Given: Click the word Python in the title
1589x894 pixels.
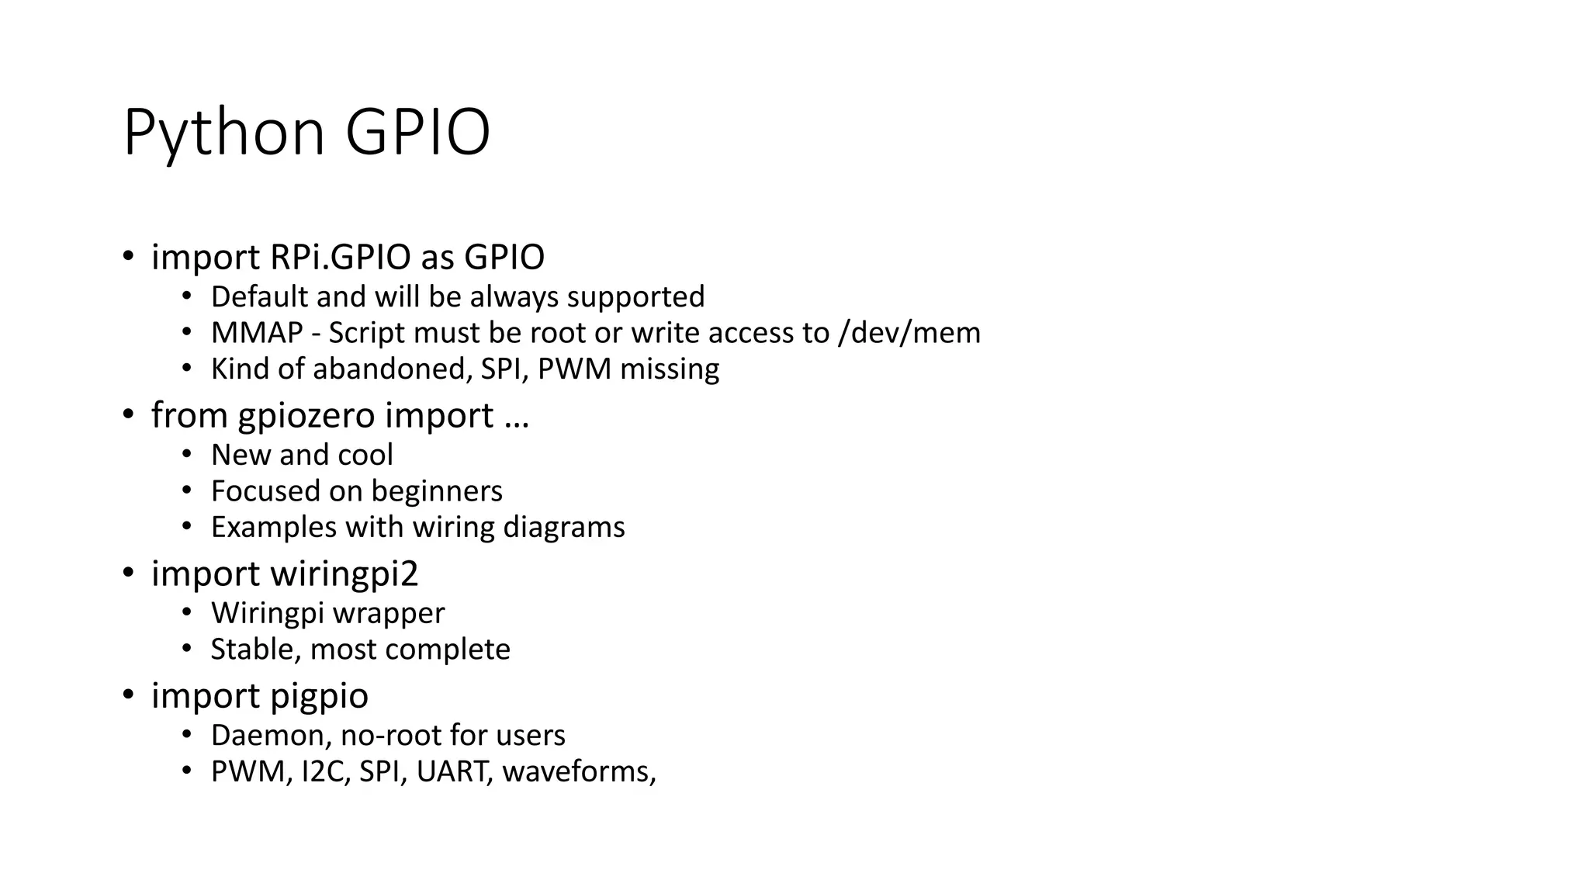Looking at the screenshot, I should (223, 133).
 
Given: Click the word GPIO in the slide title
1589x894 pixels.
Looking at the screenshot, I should (417, 133).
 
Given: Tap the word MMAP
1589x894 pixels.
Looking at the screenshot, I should (257, 333).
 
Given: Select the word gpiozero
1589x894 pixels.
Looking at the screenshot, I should (306, 416).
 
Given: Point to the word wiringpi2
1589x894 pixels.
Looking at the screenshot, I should (344, 574).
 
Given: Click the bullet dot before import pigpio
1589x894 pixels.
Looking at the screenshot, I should (128, 695).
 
